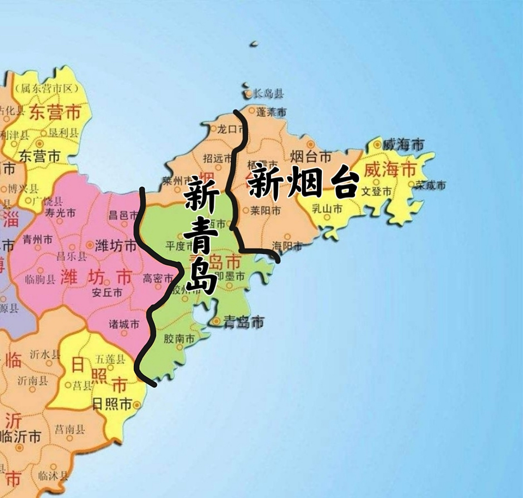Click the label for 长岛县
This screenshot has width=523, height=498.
coord(268,93)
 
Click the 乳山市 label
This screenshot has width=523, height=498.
coord(327,209)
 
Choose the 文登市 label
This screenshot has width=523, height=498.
coord(377,192)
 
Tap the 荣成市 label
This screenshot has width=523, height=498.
coord(431,185)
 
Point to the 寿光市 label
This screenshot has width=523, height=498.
coord(61,213)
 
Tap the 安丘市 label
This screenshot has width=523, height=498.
coord(107,292)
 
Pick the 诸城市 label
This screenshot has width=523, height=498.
coord(124,324)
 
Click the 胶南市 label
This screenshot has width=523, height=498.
coord(179,339)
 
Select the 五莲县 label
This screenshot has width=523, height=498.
coord(110,359)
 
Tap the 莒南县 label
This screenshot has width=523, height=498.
coord(70,430)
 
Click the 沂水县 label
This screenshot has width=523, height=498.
coord(45,354)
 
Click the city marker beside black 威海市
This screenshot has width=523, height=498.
coord(377,145)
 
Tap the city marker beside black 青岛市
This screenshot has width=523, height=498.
coord(216,321)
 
